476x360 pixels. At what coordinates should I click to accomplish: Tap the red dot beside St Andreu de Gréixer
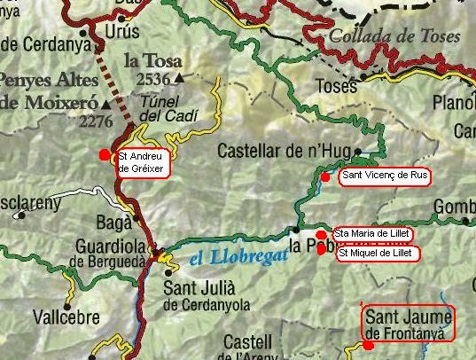click(x=105, y=154)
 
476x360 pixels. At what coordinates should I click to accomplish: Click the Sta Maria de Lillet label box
click(x=369, y=233)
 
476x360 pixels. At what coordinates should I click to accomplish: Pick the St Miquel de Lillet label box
click(x=375, y=254)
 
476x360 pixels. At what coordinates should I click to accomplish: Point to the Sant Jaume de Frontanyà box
click(x=408, y=323)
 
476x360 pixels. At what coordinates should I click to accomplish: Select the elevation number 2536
click(x=154, y=79)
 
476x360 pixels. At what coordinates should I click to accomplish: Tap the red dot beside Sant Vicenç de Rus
click(x=325, y=176)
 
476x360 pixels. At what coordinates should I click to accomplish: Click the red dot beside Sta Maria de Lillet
click(x=320, y=234)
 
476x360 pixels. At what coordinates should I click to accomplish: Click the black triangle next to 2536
click(x=180, y=79)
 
